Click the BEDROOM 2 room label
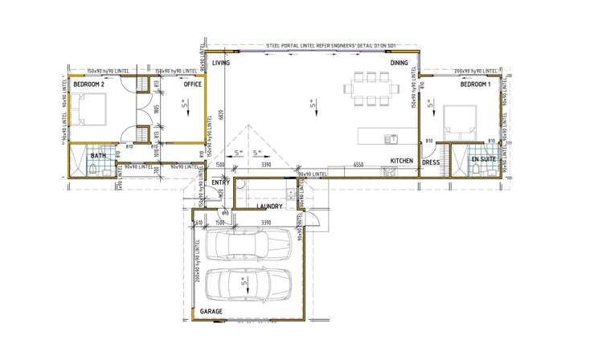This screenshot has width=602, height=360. (x=88, y=84)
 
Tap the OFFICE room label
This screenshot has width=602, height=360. (x=192, y=84)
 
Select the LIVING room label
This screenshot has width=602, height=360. (x=222, y=62)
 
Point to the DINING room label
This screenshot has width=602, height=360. (x=399, y=62)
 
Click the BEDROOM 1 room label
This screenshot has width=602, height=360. (x=475, y=84)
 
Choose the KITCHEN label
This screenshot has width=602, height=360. (x=402, y=161)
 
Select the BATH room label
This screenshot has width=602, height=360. (x=98, y=156)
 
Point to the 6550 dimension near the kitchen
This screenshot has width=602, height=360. (x=357, y=165)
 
